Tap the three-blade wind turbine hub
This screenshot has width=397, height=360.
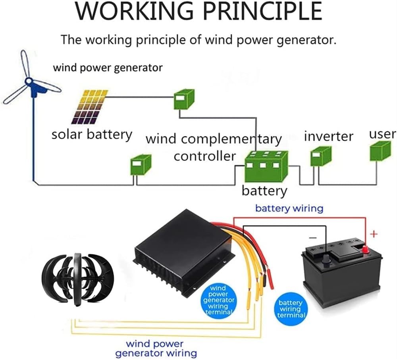tap(29, 81)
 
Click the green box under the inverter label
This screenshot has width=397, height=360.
tap(320, 156)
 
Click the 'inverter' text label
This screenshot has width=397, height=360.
tap(328, 136)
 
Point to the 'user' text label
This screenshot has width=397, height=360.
tap(382, 134)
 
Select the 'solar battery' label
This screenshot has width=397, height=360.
tap(91, 134)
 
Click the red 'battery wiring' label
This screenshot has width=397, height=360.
tap(289, 208)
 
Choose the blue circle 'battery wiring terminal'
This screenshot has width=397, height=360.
tap(291, 309)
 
